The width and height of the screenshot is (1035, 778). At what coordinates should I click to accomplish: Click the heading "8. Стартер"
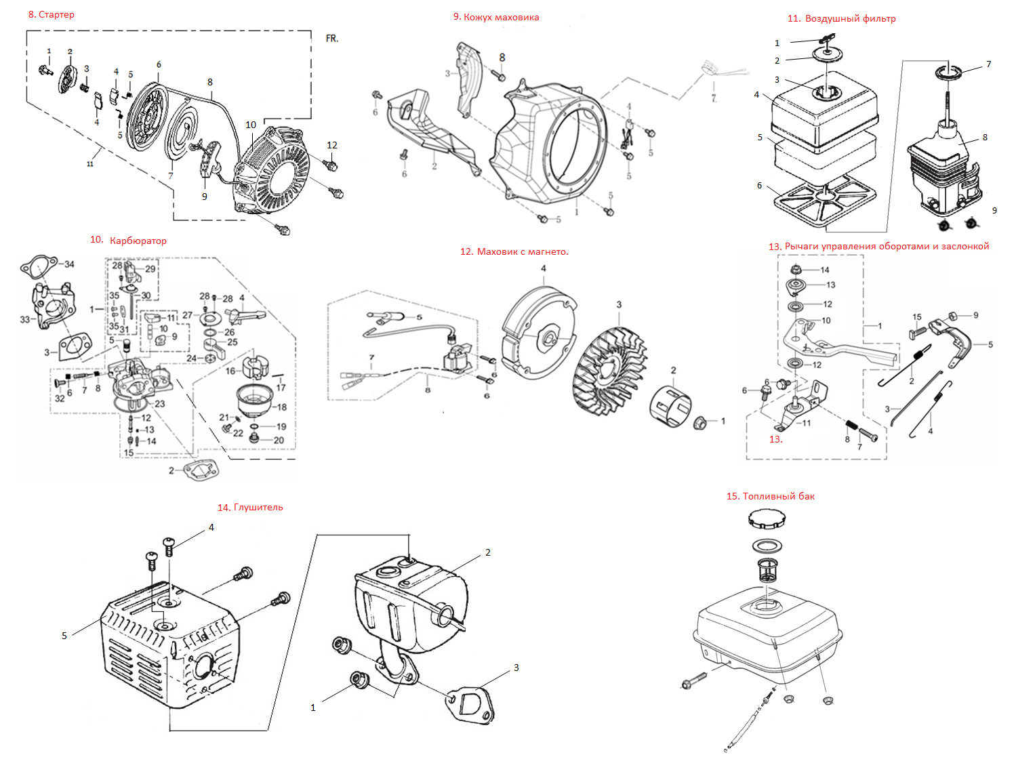[x=52, y=14]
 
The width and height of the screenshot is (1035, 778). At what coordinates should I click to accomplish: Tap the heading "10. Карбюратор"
[x=128, y=240]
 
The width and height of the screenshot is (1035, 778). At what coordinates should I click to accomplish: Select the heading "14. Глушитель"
[x=250, y=507]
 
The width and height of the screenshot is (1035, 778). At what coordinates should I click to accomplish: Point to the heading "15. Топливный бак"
[x=771, y=496]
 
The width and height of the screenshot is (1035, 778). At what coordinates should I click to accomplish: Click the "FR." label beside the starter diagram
[x=332, y=39]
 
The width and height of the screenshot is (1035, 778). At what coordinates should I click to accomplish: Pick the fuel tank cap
[x=767, y=519]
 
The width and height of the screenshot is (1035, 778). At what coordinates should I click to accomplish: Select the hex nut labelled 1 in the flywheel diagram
[x=700, y=423]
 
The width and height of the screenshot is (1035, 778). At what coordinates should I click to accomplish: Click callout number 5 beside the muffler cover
[x=64, y=636]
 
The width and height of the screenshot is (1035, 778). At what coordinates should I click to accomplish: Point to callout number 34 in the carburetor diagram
[x=69, y=264]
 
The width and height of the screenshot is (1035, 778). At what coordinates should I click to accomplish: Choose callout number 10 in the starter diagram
[x=251, y=125]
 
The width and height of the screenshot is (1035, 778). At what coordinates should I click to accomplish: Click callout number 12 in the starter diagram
[x=332, y=145]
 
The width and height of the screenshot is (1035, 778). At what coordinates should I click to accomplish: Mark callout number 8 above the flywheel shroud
[x=502, y=58]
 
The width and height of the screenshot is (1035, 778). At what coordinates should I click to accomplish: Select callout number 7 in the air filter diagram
[x=989, y=64]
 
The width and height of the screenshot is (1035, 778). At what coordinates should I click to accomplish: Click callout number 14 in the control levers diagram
[x=825, y=270]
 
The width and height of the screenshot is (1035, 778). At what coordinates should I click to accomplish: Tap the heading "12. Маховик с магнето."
[x=514, y=251]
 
